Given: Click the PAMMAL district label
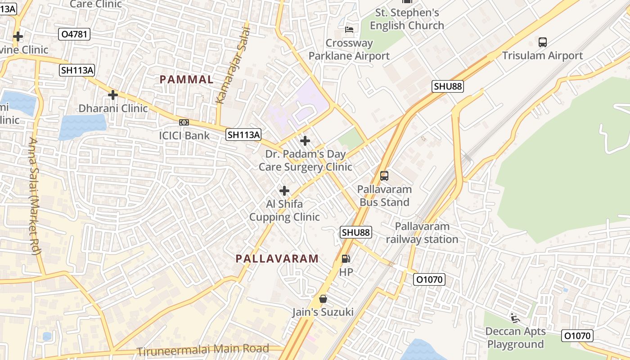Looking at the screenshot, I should pos(186,80).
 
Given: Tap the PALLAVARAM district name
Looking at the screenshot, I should pos(277,259).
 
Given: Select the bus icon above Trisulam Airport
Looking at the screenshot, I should pos(543,42).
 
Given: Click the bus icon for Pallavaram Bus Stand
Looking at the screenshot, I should pos(384,176).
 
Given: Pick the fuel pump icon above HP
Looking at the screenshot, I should pos(346,259).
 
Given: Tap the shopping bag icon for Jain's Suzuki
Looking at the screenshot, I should pos(323,298).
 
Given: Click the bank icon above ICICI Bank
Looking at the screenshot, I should pos(184,122).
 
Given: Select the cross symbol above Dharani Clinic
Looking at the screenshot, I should pos(113,95).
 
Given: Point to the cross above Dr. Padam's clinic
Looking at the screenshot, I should pos(305,141).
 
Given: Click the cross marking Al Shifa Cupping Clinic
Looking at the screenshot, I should pos(284,191).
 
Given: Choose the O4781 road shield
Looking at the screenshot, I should pos(74,34).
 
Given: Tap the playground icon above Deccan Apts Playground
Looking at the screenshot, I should pos(515,318).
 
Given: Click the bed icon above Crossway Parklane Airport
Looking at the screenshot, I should pos(349,30).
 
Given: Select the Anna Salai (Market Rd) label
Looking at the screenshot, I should pos(34,196).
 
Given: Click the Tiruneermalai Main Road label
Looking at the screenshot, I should pos(203,349).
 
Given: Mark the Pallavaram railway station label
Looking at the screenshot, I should pos(422,233).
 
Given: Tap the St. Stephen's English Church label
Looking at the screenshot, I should pos(407,19).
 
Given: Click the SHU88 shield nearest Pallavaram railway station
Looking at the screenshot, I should pos(356,232).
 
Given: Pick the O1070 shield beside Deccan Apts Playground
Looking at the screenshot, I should pos(578,336).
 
